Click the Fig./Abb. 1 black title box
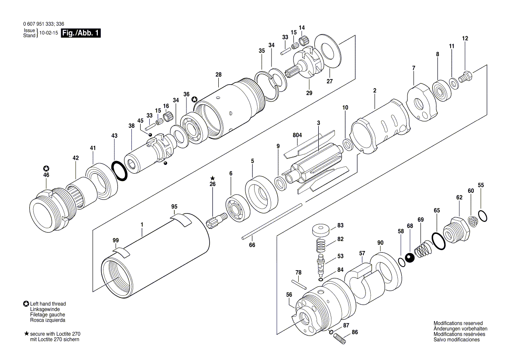tap(81, 33)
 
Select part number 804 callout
tap(297, 136)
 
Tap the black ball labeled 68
tap(410, 258)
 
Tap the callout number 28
tap(218, 75)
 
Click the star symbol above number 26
tap(213, 178)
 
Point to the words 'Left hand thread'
tap(48, 304)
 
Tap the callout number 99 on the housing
tap(116, 240)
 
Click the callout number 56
tap(289, 295)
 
